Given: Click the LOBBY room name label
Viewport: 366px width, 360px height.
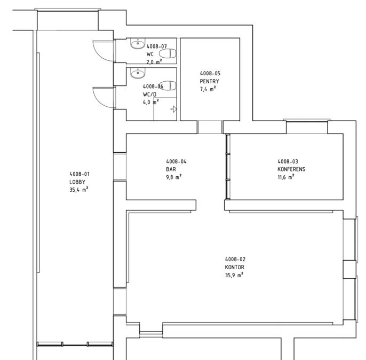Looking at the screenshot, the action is [77, 182].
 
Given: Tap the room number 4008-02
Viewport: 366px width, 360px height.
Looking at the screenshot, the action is [235, 259].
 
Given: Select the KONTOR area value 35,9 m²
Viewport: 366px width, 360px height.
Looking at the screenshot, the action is [234, 275].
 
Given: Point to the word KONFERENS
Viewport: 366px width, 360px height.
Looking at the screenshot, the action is [291, 169].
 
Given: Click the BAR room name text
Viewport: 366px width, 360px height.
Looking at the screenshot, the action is [171, 169].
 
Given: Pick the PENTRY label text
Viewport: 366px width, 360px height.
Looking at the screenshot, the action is [209, 81].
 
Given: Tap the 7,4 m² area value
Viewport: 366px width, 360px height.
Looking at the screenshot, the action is [208, 89].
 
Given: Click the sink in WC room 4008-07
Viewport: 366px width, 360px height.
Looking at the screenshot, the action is [138, 43].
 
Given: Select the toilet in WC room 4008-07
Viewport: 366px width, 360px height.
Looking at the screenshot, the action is [168, 53].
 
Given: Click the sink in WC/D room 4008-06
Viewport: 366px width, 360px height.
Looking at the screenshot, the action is [138, 73].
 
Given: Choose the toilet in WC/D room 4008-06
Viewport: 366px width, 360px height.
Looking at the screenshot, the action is [168, 86].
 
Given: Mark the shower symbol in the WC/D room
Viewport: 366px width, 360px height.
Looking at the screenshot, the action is [174, 109].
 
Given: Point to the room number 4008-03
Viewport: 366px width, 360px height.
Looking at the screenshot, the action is [288, 161].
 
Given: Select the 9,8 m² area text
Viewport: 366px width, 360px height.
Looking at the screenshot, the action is [174, 177].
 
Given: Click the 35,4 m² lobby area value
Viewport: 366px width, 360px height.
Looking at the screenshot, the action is [78, 190].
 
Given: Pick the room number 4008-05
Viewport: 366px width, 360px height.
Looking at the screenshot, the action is [210, 73].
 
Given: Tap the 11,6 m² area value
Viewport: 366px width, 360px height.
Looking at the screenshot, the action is [286, 177].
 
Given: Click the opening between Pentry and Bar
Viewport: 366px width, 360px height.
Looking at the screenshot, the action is [210, 127].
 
